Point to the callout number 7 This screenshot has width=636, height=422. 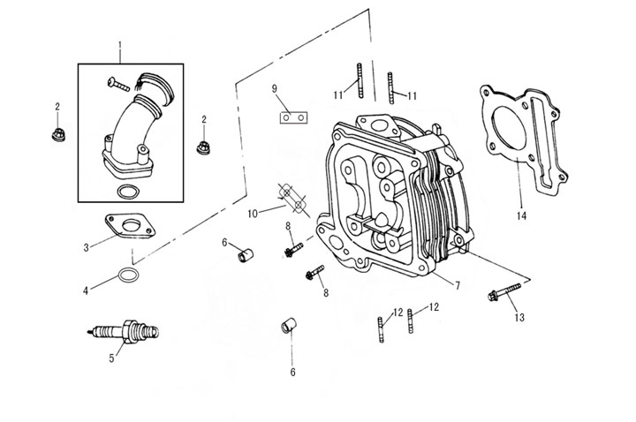tap(458, 284)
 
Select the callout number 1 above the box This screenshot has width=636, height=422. tap(121, 43)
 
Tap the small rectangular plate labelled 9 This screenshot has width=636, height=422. tap(295, 116)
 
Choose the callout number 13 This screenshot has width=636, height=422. tap(519, 316)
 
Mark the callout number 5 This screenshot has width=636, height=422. tap(111, 358)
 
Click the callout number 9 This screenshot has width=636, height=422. tap(275, 88)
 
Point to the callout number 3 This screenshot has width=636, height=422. tap(86, 247)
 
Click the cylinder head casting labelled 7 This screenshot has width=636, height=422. tap(389, 194)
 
